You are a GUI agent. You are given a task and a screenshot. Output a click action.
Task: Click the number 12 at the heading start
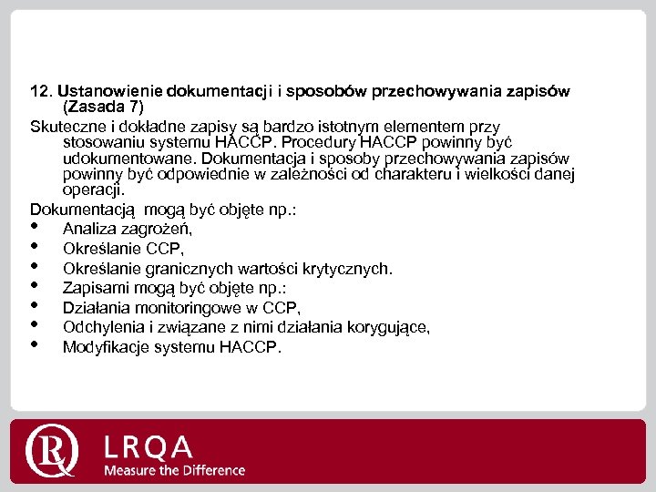(40, 92)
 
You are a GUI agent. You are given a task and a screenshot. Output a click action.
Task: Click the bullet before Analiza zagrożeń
(36, 228)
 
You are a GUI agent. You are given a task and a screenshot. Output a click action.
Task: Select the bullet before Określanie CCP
(36, 248)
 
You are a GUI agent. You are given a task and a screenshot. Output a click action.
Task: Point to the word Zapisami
(93, 288)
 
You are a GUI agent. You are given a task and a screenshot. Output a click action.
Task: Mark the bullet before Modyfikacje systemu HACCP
(36, 346)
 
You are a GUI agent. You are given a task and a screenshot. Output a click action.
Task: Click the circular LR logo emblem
(54, 450)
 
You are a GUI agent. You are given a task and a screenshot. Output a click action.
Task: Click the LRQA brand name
(149, 446)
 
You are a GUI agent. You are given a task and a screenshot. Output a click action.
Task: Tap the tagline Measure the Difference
(174, 470)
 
